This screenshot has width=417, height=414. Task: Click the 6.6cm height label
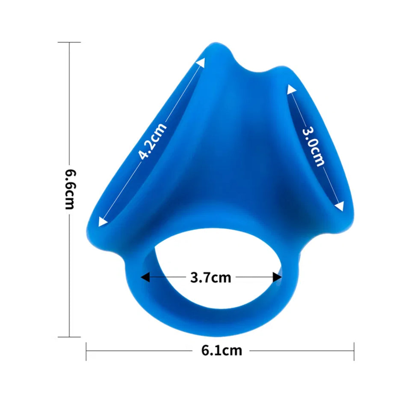click(x=70, y=189)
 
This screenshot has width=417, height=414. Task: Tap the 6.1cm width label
click(x=222, y=351)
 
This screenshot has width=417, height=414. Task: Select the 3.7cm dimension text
click(x=210, y=278)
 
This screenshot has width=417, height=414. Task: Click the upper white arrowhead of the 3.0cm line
click(x=291, y=89)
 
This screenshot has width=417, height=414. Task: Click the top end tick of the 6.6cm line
click(x=69, y=42)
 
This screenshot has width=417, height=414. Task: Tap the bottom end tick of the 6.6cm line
click(x=69, y=337)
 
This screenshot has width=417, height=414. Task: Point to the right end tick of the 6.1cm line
click(x=354, y=351)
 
